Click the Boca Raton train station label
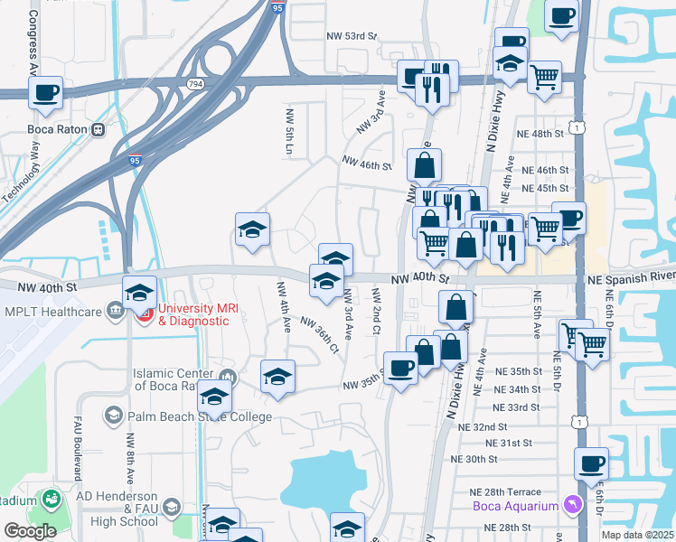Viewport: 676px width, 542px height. coord(57,129)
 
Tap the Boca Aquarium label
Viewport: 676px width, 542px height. coord(516,506)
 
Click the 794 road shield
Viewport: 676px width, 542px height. coord(194,83)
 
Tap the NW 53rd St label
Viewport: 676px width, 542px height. coord(351,36)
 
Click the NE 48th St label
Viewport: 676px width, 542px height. coord(542,133)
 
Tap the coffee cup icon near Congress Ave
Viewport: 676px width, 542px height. coord(46,92)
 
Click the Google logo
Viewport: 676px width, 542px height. coord(30,531)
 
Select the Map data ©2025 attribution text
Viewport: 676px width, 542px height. coord(637,535)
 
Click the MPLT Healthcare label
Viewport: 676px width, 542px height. coord(52,313)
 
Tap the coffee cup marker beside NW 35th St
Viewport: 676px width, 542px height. coord(400,367)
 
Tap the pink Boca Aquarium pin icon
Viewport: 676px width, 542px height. coord(570,504)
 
